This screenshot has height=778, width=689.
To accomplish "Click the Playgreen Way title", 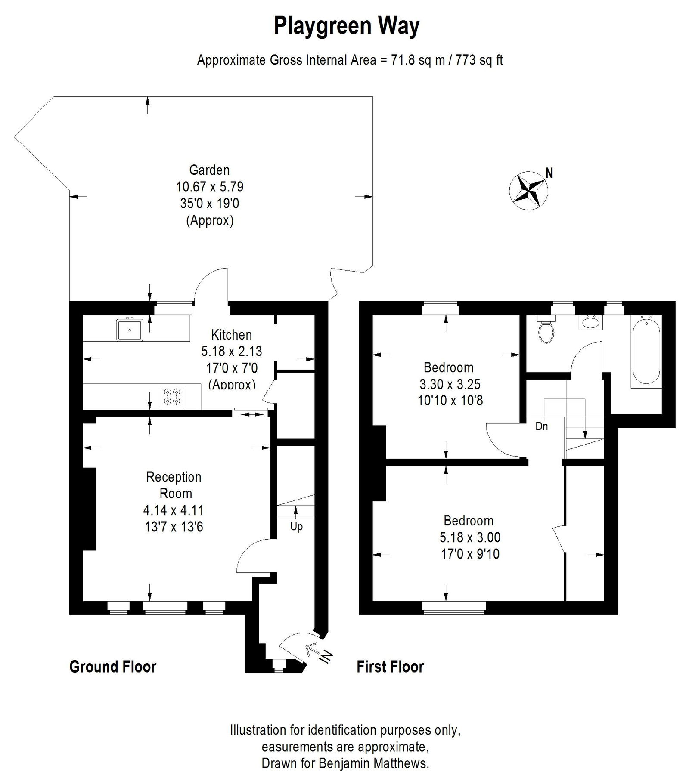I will click(346, 26).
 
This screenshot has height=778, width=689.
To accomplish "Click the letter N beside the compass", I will click(549, 173).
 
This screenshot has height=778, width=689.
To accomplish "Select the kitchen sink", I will click(129, 329).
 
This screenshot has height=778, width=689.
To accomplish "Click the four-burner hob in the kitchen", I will click(172, 396).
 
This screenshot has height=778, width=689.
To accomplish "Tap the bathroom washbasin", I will click(590, 321).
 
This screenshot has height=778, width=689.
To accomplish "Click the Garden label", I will click(209, 170).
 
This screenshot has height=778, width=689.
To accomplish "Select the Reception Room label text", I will click(174, 485).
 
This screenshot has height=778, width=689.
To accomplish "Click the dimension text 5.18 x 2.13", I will click(231, 351).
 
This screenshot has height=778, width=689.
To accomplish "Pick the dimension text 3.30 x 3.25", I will click(450, 384).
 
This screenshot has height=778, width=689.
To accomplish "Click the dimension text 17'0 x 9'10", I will click(470, 554).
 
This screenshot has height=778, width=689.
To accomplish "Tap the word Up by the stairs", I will click(296, 527).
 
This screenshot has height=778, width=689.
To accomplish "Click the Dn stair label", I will click(541, 426).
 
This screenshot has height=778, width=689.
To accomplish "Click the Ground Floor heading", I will click(113, 667).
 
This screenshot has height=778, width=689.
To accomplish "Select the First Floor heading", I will click(390, 667).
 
